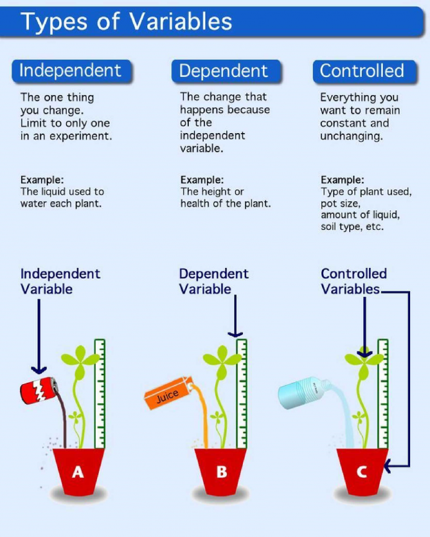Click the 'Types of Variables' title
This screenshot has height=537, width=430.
[x=127, y=22]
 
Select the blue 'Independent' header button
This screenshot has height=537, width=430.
[x=70, y=71]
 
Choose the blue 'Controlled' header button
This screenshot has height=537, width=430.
[x=362, y=71]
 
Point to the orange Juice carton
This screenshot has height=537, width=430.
[x=167, y=395]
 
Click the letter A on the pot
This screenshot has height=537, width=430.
[x=77, y=472]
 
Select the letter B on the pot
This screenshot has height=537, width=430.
[x=221, y=472]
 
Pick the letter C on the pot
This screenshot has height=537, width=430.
[x=361, y=472]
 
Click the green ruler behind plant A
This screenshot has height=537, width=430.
[x=99, y=392]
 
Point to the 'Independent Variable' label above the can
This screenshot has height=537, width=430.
[x=60, y=282]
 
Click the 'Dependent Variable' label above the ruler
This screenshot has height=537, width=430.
[x=214, y=282]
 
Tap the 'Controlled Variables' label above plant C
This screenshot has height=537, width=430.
[x=354, y=282]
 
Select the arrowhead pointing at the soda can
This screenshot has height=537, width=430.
[x=39, y=369]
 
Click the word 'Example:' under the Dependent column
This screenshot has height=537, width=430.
[x=202, y=180]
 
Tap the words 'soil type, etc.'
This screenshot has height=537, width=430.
[x=352, y=227]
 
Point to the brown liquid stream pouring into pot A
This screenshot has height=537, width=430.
[x=62, y=423]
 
